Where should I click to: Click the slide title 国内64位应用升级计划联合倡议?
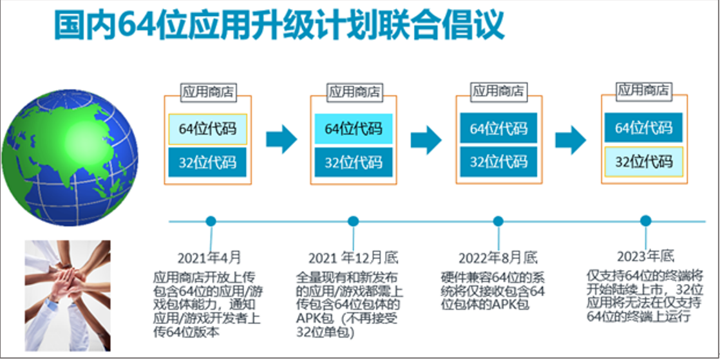tap(279, 24)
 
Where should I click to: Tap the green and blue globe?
tap(70, 158)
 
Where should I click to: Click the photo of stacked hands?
tap(68, 296)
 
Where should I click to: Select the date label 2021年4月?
tap(209, 258)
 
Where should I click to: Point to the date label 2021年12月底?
tap(353, 258)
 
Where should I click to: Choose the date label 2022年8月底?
tap(498, 258)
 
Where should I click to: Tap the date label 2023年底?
tap(645, 256)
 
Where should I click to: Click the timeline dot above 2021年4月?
tap(211, 222)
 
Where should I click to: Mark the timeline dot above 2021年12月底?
tap(353, 222)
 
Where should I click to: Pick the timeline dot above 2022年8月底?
tap(498, 222)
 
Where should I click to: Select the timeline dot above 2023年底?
tap(645, 221)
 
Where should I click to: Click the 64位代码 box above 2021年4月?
tap(207, 129)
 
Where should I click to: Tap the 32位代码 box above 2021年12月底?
tap(354, 162)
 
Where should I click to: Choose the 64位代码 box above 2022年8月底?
tap(498, 128)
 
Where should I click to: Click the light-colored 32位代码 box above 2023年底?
tap(644, 162)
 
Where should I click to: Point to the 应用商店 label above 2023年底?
tap(644, 90)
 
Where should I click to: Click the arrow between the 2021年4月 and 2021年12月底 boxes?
tap(281, 139)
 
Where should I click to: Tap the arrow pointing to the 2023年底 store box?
tap(571, 140)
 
